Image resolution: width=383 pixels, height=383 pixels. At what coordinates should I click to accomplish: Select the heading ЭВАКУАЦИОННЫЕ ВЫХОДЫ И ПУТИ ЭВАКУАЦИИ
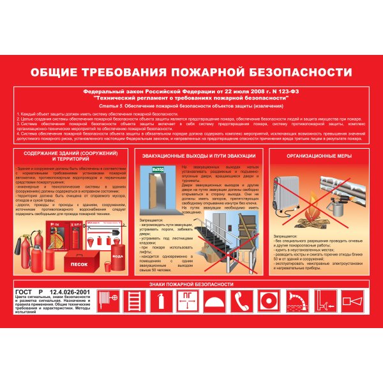pos(199,156)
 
